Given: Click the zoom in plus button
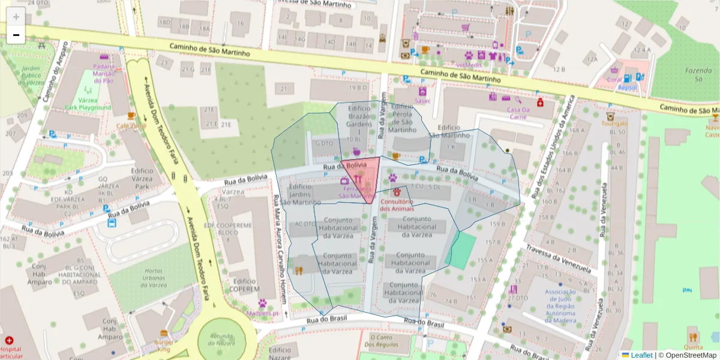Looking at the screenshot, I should click(16, 17).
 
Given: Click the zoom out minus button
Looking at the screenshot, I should click(16, 35).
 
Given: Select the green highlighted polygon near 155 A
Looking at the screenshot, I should click(461, 251).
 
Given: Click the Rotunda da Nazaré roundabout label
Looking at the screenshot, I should click(221, 340).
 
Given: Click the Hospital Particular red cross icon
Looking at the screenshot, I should click(9, 340).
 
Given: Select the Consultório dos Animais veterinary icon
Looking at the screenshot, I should click(397, 192).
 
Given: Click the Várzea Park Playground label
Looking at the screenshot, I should click(88, 104).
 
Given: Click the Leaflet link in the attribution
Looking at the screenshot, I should click(641, 355).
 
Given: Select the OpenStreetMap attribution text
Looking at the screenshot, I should click(690, 355).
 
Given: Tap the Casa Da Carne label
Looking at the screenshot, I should click(518, 113).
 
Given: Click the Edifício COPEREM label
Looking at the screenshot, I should click(243, 284).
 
